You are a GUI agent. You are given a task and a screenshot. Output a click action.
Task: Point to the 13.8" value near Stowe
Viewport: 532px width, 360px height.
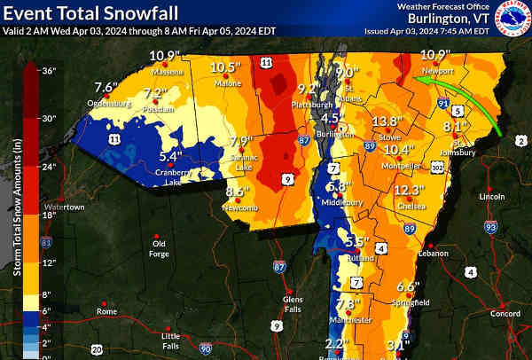point(386,121)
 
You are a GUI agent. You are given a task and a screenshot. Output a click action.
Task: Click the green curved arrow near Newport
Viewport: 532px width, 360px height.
point(460,98)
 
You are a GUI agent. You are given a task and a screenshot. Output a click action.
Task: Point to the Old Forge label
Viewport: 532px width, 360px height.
point(159,247)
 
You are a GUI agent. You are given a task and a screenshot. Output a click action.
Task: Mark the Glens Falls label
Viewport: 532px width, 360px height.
point(293,303)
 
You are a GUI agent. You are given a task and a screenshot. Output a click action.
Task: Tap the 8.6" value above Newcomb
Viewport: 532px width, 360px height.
point(235,191)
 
